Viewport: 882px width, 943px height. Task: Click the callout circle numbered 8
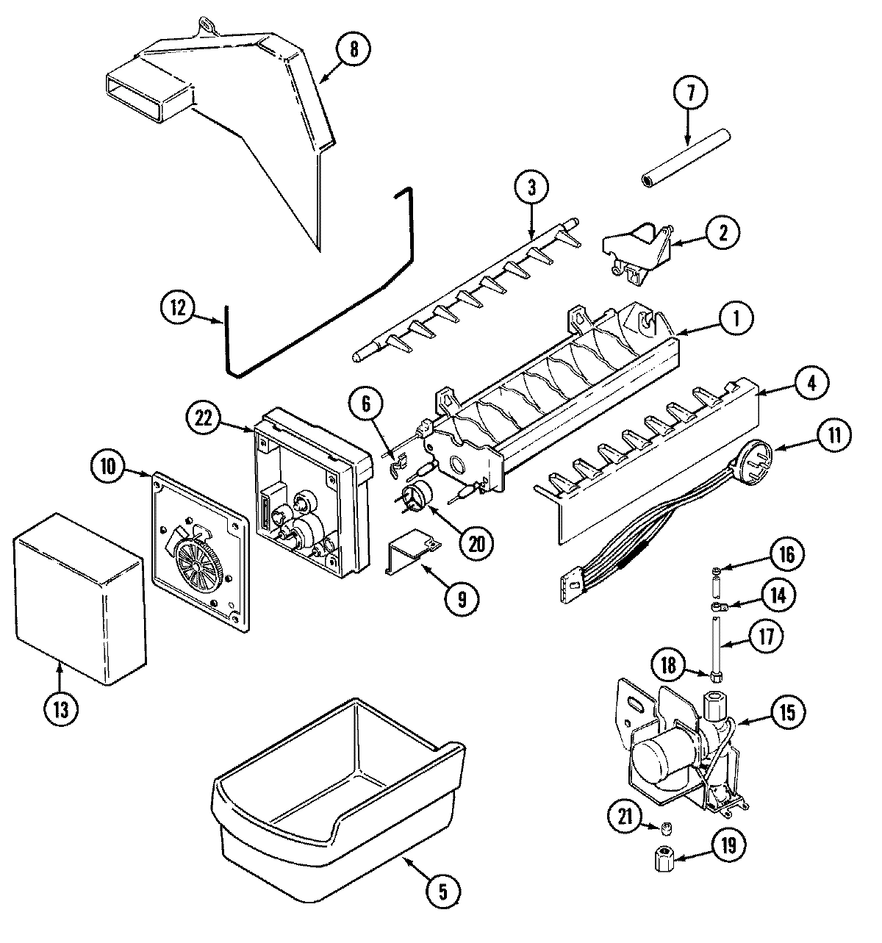pos(354,51)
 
